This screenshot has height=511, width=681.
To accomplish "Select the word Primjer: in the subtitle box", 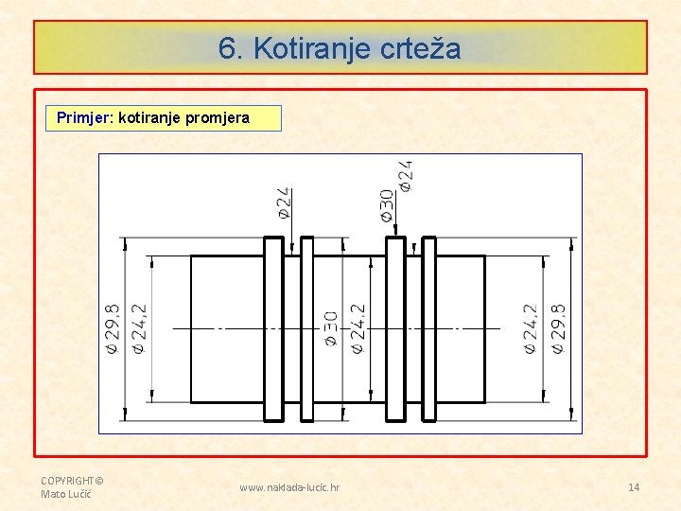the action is click(x=85, y=118).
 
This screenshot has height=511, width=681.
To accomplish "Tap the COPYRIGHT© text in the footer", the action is click(x=72, y=480).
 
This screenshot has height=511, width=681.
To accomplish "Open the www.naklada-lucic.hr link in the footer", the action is click(x=289, y=487).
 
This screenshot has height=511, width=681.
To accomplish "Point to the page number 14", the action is click(x=634, y=487).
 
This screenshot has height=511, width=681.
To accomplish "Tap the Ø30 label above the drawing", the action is click(x=387, y=204).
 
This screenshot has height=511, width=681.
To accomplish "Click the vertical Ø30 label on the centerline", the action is click(x=332, y=327).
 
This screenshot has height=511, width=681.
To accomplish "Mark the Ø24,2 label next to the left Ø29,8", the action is click(x=138, y=327).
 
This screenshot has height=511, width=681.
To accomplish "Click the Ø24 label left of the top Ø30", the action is click(x=284, y=203).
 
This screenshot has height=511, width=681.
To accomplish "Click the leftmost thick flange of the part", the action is click(x=272, y=328).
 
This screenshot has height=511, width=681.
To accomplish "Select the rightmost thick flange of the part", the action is click(x=428, y=328).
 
